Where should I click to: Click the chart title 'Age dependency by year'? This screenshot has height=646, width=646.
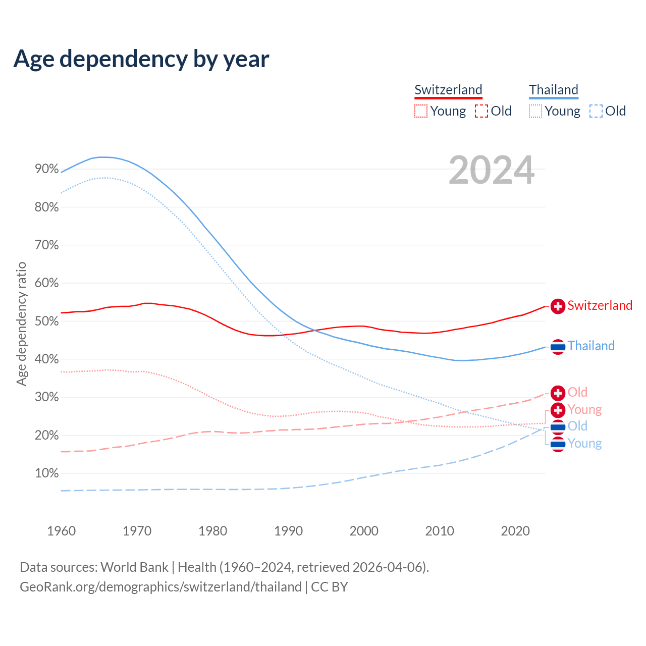tap(141, 59)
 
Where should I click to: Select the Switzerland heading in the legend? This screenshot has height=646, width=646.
tap(448, 90)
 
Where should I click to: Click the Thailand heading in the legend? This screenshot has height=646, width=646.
tap(553, 90)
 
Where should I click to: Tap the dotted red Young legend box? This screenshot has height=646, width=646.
tap(421, 111)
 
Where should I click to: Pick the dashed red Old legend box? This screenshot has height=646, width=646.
tap(481, 111)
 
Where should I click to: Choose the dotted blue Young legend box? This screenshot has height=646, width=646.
tap(535, 111)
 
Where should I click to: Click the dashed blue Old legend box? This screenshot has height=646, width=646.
tap(596, 111)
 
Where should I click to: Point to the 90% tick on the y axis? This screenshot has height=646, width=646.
tap(47, 169)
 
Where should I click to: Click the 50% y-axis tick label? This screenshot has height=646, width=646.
tap(47, 321)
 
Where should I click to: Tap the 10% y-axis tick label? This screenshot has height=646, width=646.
tap(47, 473)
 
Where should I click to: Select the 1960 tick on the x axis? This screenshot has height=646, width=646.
tap(62, 531)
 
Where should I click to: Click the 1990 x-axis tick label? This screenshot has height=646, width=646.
tap(288, 531)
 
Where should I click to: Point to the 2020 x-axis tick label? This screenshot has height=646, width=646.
tap(515, 531)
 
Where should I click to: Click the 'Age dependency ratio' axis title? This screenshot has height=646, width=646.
tap(22, 324)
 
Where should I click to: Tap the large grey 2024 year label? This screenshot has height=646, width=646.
tap(491, 171)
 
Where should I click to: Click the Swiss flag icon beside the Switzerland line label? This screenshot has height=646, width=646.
tap(558, 306)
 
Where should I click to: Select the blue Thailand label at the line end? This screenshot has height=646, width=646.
tap(591, 346)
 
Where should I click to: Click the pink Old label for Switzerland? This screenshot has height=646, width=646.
tap(577, 392)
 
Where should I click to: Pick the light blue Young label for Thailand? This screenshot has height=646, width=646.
tap(584, 443)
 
